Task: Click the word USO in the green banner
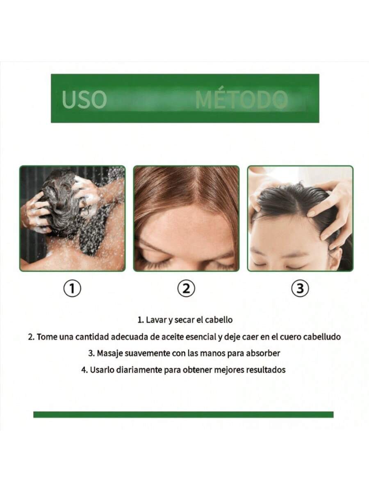click(x=84, y=100)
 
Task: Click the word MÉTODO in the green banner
click(x=241, y=100)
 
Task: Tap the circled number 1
click(x=72, y=289)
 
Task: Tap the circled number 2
click(x=186, y=289)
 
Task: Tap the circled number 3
click(x=300, y=289)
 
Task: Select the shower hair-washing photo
click(x=73, y=219)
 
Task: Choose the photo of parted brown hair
click(x=186, y=219)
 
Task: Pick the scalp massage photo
click(x=300, y=219)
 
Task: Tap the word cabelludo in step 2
click(x=321, y=337)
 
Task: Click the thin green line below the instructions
click(x=183, y=415)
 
